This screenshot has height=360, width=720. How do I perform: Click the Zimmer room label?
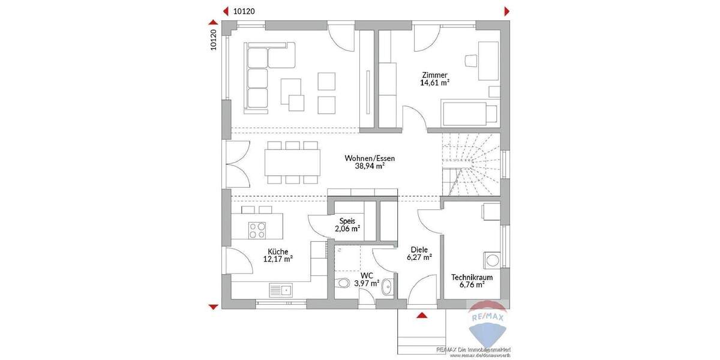click(435, 74)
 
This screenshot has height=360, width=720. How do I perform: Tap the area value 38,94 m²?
click(370, 167)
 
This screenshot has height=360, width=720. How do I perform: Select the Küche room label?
click(278, 251)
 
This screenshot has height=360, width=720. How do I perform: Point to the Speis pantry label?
click(347, 221)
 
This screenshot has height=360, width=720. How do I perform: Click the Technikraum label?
click(472, 277)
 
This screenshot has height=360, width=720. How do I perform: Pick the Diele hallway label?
click(419, 249)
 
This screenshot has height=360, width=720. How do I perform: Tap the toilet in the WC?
click(343, 283)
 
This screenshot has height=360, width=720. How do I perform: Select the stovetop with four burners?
click(258, 230)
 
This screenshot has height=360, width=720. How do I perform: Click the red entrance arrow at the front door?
click(422, 315)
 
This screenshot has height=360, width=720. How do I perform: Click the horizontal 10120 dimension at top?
click(244, 10)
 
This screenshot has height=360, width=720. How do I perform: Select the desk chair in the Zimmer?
click(472, 60)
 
